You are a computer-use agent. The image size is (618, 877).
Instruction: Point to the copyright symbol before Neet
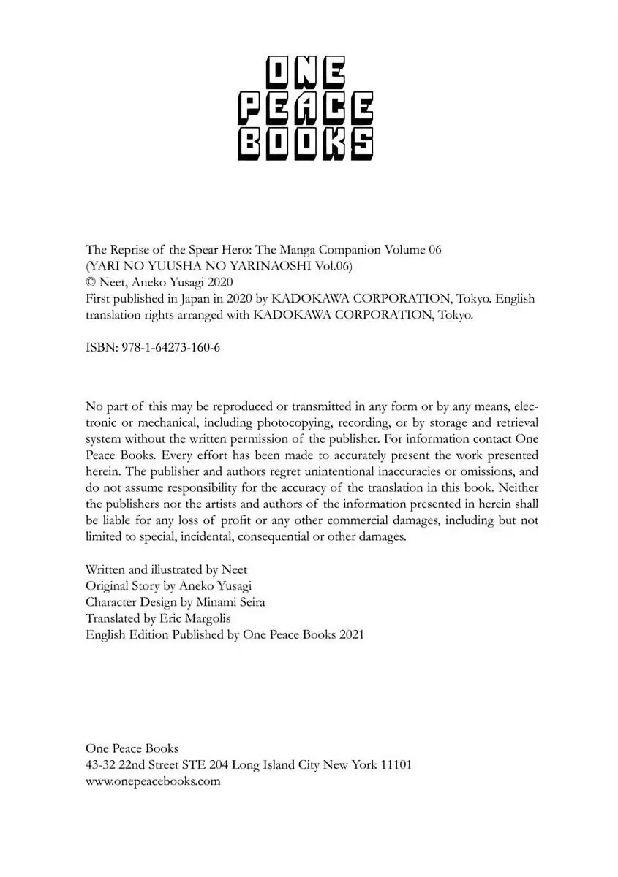click(91, 282)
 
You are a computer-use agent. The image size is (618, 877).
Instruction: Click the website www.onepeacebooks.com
click(153, 781)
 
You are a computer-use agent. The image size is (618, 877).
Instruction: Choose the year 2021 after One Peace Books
click(348, 634)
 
